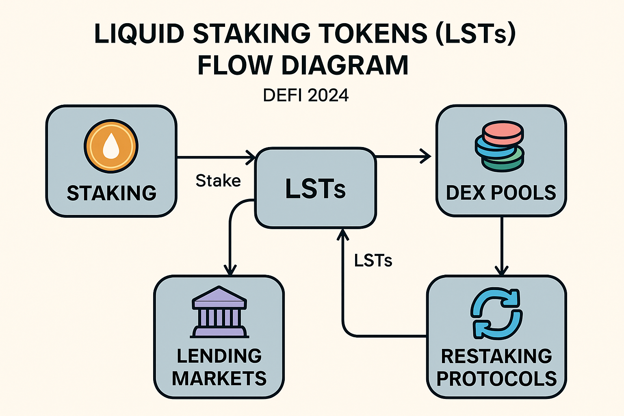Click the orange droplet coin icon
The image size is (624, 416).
coord(111,146)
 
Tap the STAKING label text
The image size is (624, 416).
coord(112,193)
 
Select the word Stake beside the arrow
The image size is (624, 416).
coord(218,181)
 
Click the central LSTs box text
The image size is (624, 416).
coord(315,189)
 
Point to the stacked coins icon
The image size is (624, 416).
coord(500,146)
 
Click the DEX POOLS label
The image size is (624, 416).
coord(501,193)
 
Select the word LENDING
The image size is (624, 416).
coord(219,356)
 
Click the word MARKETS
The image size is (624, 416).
coord(219,379)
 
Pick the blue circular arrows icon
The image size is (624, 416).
coord(496,314)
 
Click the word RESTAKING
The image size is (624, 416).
coord(496,356)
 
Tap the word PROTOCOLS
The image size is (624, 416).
coord(496,379)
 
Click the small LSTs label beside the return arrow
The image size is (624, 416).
coord(373,261)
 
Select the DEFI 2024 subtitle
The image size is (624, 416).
coord(305,95)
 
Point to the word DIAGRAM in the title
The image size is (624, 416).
coord(344,65)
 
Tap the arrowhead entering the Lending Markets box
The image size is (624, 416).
coord(230,271)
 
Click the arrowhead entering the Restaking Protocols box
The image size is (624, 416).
coord(502,271)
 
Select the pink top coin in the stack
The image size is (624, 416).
coord(503,132)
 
